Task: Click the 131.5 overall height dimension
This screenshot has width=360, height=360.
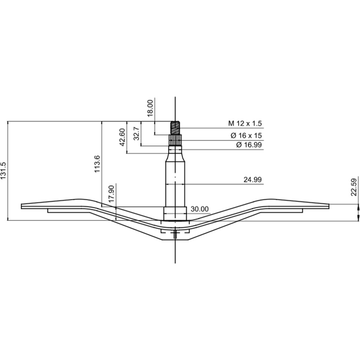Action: coord(3,171)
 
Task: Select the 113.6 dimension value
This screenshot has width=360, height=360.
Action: coord(97,164)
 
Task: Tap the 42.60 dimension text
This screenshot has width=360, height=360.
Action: coord(122,137)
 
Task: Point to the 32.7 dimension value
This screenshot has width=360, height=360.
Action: coord(137,133)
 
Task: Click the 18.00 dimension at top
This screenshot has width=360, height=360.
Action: coord(150,108)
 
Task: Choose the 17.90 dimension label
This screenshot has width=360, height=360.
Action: coord(111,194)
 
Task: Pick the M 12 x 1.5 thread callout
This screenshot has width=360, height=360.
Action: coord(245,123)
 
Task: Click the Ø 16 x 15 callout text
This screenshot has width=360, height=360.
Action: coord(246,135)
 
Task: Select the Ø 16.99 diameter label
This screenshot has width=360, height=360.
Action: coord(249,145)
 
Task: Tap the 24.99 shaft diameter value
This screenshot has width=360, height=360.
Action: coord(252,180)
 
